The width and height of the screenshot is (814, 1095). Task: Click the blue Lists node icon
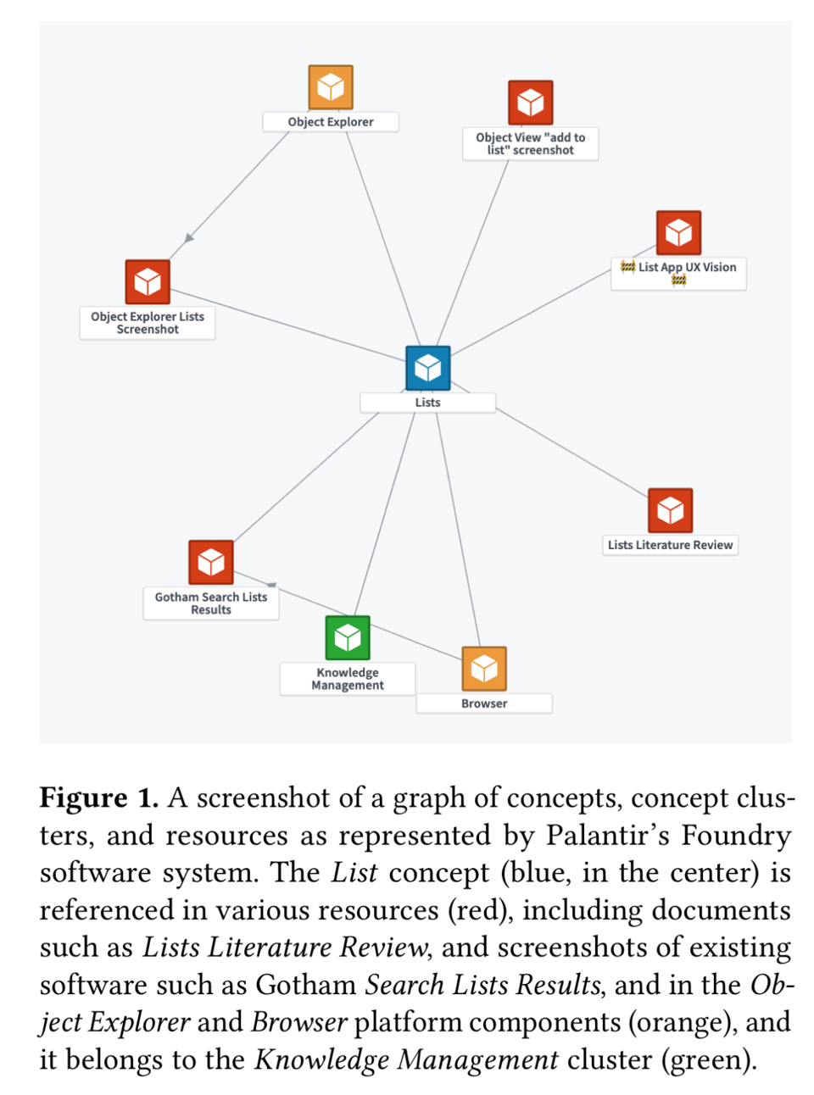[427, 368]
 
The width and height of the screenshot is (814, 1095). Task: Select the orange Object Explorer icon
[331, 87]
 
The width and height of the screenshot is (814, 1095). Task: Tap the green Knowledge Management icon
[348, 637]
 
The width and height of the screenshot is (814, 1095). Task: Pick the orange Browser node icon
[484, 669]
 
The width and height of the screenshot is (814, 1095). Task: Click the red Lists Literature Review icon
[670, 510]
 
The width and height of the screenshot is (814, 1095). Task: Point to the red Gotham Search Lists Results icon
[211, 562]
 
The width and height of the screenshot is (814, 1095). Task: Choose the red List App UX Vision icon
[678, 232]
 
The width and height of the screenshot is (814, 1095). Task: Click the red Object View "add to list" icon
[531, 103]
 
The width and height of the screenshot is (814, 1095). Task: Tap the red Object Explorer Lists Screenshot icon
[148, 281]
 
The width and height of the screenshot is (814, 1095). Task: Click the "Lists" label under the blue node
[427, 403]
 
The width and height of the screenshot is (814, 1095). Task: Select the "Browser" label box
[484, 703]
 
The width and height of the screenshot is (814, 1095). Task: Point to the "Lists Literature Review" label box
[670, 545]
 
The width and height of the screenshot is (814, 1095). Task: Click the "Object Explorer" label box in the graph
[331, 122]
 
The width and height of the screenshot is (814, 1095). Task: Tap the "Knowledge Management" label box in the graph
[348, 679]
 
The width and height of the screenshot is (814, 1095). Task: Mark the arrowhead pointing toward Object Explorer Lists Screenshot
[189, 239]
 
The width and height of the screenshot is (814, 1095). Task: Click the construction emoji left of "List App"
[627, 267]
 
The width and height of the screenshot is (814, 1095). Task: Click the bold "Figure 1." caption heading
[98, 798]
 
